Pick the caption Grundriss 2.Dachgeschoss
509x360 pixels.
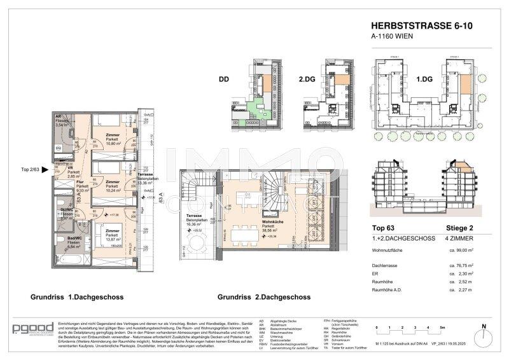263,297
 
